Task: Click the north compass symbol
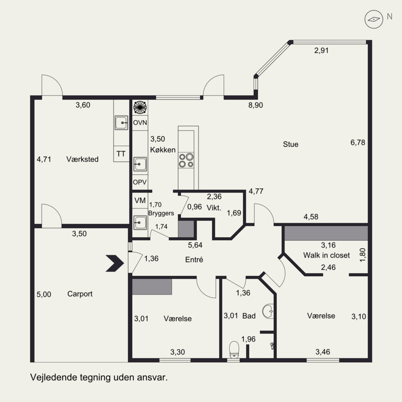point(374,19)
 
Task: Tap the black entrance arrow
point(115,263)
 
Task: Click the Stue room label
point(291,144)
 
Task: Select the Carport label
point(80,294)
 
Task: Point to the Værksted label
point(82,159)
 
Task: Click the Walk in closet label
point(326,255)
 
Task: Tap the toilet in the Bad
point(234,349)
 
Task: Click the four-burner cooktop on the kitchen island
point(186,160)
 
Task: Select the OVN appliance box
point(140,123)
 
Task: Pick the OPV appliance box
point(140,182)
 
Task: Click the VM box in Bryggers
point(140,200)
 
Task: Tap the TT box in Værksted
point(121,154)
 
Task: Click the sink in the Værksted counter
point(121,123)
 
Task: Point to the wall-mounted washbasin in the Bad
point(268,311)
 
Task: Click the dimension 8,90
point(256,105)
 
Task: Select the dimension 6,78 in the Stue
point(358,142)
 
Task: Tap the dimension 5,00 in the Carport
point(44,294)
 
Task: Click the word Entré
point(194,260)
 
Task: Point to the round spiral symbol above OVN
point(140,107)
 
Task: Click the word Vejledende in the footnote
point(53,378)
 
